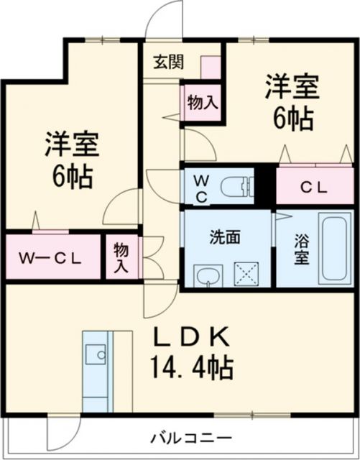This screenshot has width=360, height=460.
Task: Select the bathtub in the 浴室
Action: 332,248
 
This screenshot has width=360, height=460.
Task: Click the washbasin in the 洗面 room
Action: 208,275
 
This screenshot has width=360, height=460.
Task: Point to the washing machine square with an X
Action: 247,275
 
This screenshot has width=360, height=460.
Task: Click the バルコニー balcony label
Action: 190,437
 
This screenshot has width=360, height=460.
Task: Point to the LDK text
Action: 190,336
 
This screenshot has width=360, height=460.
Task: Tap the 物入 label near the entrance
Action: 202,103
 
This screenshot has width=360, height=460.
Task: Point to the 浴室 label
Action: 301,249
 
